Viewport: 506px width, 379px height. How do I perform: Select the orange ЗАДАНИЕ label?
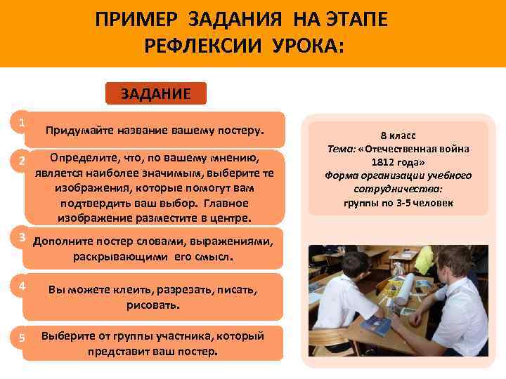point(155,94)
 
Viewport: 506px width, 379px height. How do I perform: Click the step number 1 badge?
point(22,122)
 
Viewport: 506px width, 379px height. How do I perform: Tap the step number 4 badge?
point(22,286)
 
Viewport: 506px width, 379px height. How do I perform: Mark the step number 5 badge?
point(22,338)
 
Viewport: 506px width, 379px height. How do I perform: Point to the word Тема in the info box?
point(341,148)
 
